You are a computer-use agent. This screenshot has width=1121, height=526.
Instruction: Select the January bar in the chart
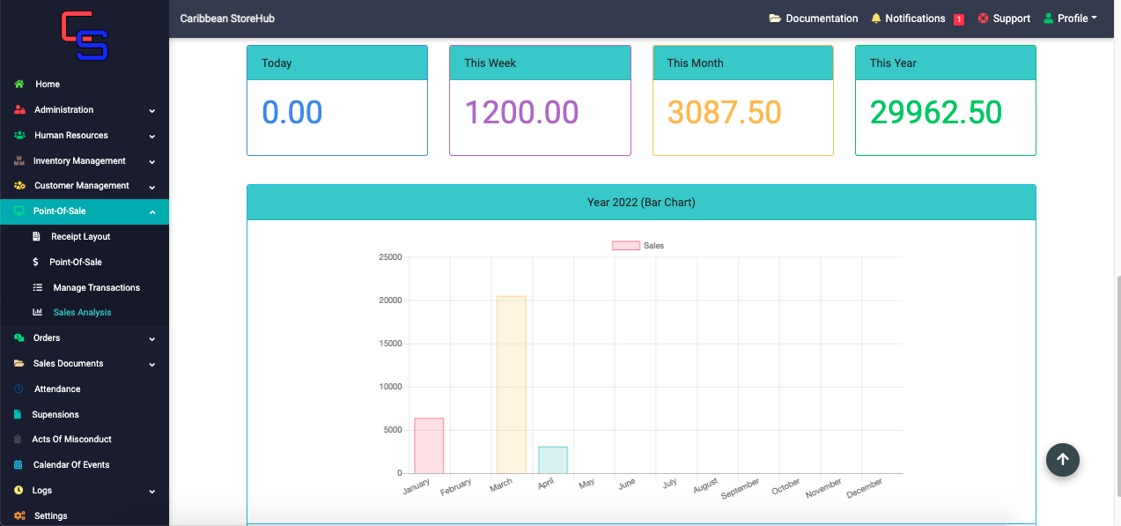[x=429, y=445]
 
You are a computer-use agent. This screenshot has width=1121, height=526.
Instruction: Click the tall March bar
[x=512, y=384]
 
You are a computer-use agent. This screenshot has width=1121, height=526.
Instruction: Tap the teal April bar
[x=553, y=459]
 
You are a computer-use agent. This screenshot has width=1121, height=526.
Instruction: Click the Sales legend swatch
[x=626, y=246]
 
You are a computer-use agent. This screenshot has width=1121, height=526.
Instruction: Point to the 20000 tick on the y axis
[x=390, y=300]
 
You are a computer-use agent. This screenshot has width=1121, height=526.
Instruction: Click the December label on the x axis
[x=864, y=488]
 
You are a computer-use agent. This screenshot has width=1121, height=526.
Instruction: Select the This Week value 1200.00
[x=521, y=112]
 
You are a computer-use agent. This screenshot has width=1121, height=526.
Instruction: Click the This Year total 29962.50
[x=936, y=112]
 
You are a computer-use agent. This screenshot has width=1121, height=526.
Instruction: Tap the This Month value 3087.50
[x=724, y=112]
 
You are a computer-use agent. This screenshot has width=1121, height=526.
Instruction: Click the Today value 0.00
[x=292, y=112]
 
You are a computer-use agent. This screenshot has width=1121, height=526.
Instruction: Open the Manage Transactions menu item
[x=97, y=287]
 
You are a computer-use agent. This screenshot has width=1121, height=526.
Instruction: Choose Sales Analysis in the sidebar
[x=82, y=312]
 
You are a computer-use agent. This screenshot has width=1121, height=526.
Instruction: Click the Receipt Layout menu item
[x=80, y=236]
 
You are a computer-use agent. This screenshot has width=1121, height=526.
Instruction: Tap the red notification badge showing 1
[x=959, y=19]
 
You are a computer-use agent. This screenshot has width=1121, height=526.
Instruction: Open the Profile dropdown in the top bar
[x=1071, y=19]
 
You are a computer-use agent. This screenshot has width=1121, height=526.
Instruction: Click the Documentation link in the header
[x=813, y=19]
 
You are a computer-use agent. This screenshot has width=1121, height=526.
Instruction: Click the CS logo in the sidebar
[x=85, y=35]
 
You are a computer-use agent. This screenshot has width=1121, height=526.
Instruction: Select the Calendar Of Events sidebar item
[x=71, y=464]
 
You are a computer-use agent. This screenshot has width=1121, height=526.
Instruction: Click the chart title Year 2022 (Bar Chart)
[x=641, y=203]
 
